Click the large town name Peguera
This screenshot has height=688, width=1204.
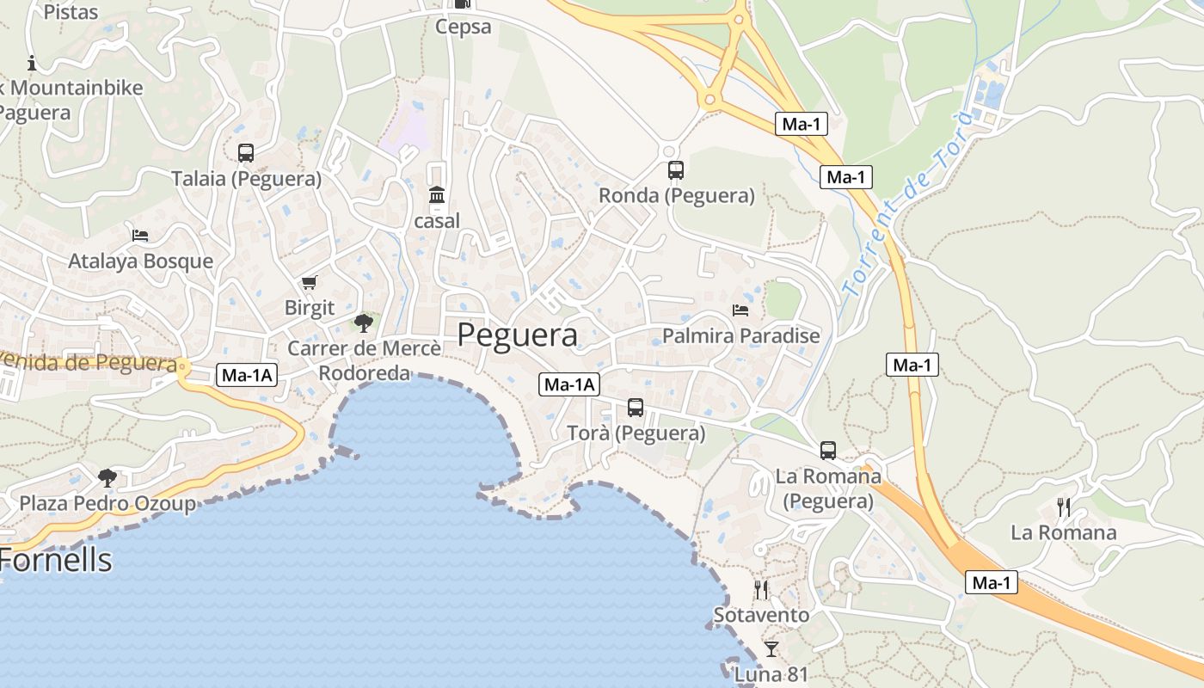coord(517,335)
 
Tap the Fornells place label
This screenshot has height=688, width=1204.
coord(56,560)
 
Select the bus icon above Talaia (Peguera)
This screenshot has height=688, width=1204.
coord(246,153)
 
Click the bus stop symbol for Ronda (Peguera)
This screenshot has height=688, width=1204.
coord(676,170)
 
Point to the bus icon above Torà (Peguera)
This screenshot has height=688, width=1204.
coord(636,408)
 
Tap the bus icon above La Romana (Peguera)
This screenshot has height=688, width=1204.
coord(828,450)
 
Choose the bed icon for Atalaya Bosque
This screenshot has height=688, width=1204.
coord(140,235)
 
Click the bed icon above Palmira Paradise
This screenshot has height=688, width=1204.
coord(740,310)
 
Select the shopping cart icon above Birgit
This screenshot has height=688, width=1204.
coord(310,282)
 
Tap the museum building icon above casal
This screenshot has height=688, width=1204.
coord(437,196)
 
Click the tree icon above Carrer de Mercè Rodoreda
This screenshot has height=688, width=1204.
coord(364,323)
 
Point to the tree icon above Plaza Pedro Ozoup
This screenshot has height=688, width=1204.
coord(107,477)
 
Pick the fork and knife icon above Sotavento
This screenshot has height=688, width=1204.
coord(761,589)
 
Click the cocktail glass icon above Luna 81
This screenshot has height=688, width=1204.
coord(771,648)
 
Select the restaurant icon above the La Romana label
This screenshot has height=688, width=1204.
coord(1064,507)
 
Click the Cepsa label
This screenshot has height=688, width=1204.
coord(463,27)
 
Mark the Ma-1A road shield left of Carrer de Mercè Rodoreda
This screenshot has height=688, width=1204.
coord(247,375)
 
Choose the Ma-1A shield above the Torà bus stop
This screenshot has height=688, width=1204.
coord(569,384)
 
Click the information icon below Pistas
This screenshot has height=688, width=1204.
coord(33,63)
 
